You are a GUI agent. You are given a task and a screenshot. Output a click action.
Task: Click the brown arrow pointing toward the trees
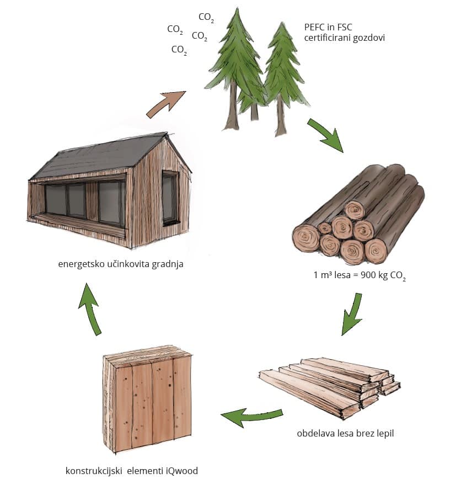(167, 104)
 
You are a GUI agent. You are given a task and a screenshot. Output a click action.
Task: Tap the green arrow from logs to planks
(352, 314)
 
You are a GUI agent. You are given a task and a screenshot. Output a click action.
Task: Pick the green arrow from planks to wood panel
(251, 417)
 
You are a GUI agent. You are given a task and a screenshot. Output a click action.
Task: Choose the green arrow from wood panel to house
(90, 309)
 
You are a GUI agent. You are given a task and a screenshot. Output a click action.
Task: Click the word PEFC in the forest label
(314, 27)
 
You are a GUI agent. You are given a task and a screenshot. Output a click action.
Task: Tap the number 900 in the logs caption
(367, 275)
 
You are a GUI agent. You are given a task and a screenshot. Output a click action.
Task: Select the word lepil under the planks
(385, 433)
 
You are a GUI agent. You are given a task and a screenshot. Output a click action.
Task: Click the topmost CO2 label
(206, 18)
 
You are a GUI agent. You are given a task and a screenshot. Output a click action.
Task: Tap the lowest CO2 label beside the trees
(179, 50)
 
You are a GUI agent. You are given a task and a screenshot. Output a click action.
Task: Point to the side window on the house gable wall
(170, 197)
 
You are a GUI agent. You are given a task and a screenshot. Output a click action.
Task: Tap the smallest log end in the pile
(324, 228)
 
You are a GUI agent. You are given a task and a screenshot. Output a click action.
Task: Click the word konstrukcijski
(94, 471)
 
